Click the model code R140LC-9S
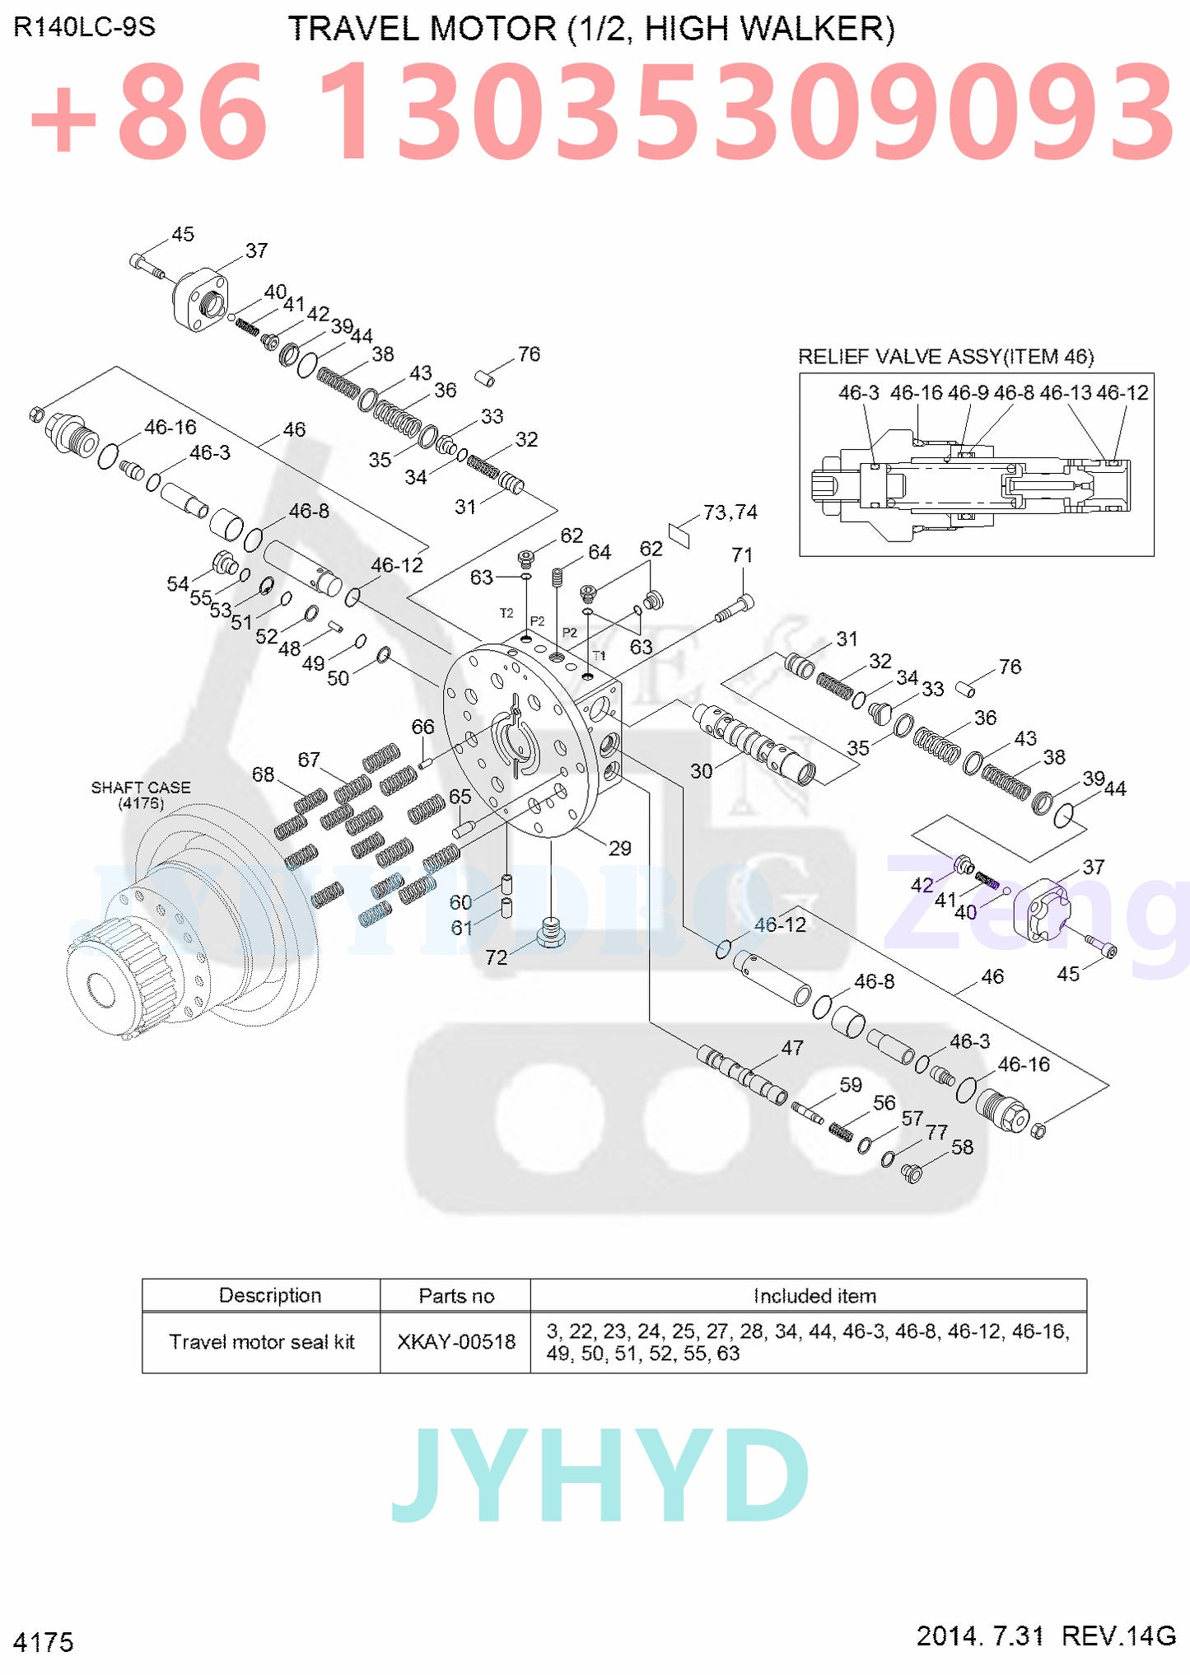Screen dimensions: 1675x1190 pos(84,27)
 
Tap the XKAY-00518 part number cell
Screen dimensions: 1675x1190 pos(455,1342)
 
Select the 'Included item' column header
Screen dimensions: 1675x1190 pos(814,1296)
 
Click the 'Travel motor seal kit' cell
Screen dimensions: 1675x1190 pos(261,1342)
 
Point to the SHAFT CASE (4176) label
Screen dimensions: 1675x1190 pos(141,795)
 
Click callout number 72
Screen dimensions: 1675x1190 pos(496,957)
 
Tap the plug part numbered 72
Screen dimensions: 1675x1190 pos(551,933)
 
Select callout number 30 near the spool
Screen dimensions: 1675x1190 pos(701,770)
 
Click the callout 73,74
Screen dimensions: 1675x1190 pos(730,512)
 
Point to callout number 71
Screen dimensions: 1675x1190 pos(742,555)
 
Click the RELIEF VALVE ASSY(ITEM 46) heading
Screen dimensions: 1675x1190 pos(945,357)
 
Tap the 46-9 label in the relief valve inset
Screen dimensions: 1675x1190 pos(968,393)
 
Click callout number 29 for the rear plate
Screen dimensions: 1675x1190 pos(619,848)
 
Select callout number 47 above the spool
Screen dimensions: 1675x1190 pos(791,1048)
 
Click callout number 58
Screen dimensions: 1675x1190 pos(962,1147)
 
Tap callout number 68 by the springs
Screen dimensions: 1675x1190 pos(263,774)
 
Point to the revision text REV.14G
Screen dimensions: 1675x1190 pos(1118,1635)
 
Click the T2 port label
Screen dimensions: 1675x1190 pos(506,613)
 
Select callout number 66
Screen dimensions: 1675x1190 pos(422,727)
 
